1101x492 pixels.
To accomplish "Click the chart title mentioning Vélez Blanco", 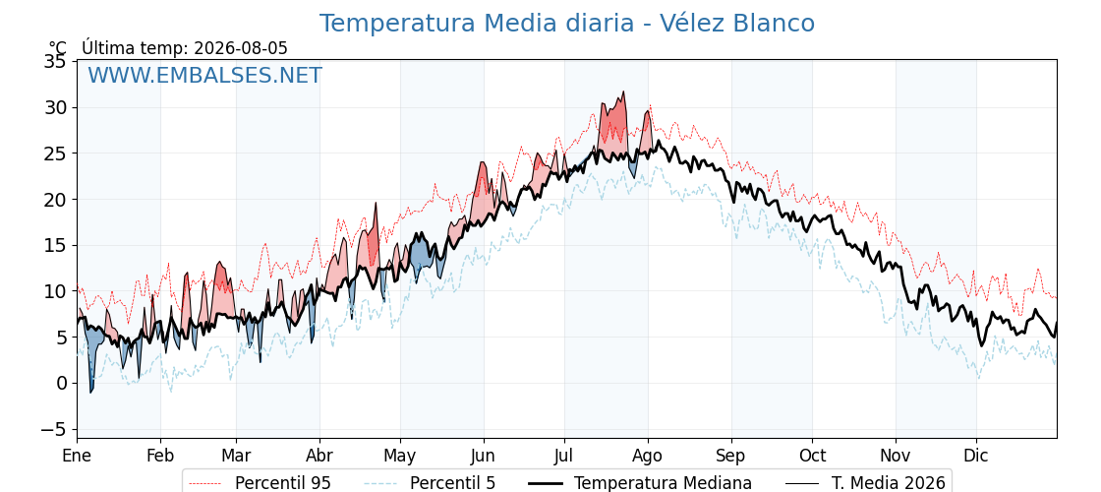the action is (x=567, y=24).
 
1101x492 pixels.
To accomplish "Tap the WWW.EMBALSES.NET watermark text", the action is (x=205, y=75).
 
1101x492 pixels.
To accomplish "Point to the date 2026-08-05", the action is (x=241, y=48).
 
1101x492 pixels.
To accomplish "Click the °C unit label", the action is (x=58, y=48).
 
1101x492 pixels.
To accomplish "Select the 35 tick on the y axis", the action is (x=57, y=62).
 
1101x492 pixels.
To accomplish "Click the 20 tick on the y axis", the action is (x=57, y=200).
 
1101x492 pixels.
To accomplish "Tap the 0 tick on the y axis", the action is (x=62, y=383).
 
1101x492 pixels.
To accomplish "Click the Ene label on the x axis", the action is (x=77, y=456).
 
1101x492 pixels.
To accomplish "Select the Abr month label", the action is (x=319, y=456).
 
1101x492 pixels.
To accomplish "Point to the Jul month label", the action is (x=564, y=456).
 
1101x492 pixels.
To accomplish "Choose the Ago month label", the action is (x=648, y=456).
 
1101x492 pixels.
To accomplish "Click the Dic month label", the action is (x=976, y=456).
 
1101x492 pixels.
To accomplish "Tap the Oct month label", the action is (x=812, y=456).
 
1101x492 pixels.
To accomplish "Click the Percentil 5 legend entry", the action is (x=430, y=483).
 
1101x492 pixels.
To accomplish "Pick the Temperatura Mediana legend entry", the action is (x=638, y=483).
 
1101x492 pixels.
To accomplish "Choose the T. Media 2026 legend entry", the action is (x=865, y=483).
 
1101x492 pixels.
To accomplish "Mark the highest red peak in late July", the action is (x=623, y=92).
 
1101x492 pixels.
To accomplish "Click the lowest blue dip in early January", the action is (x=90, y=393).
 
